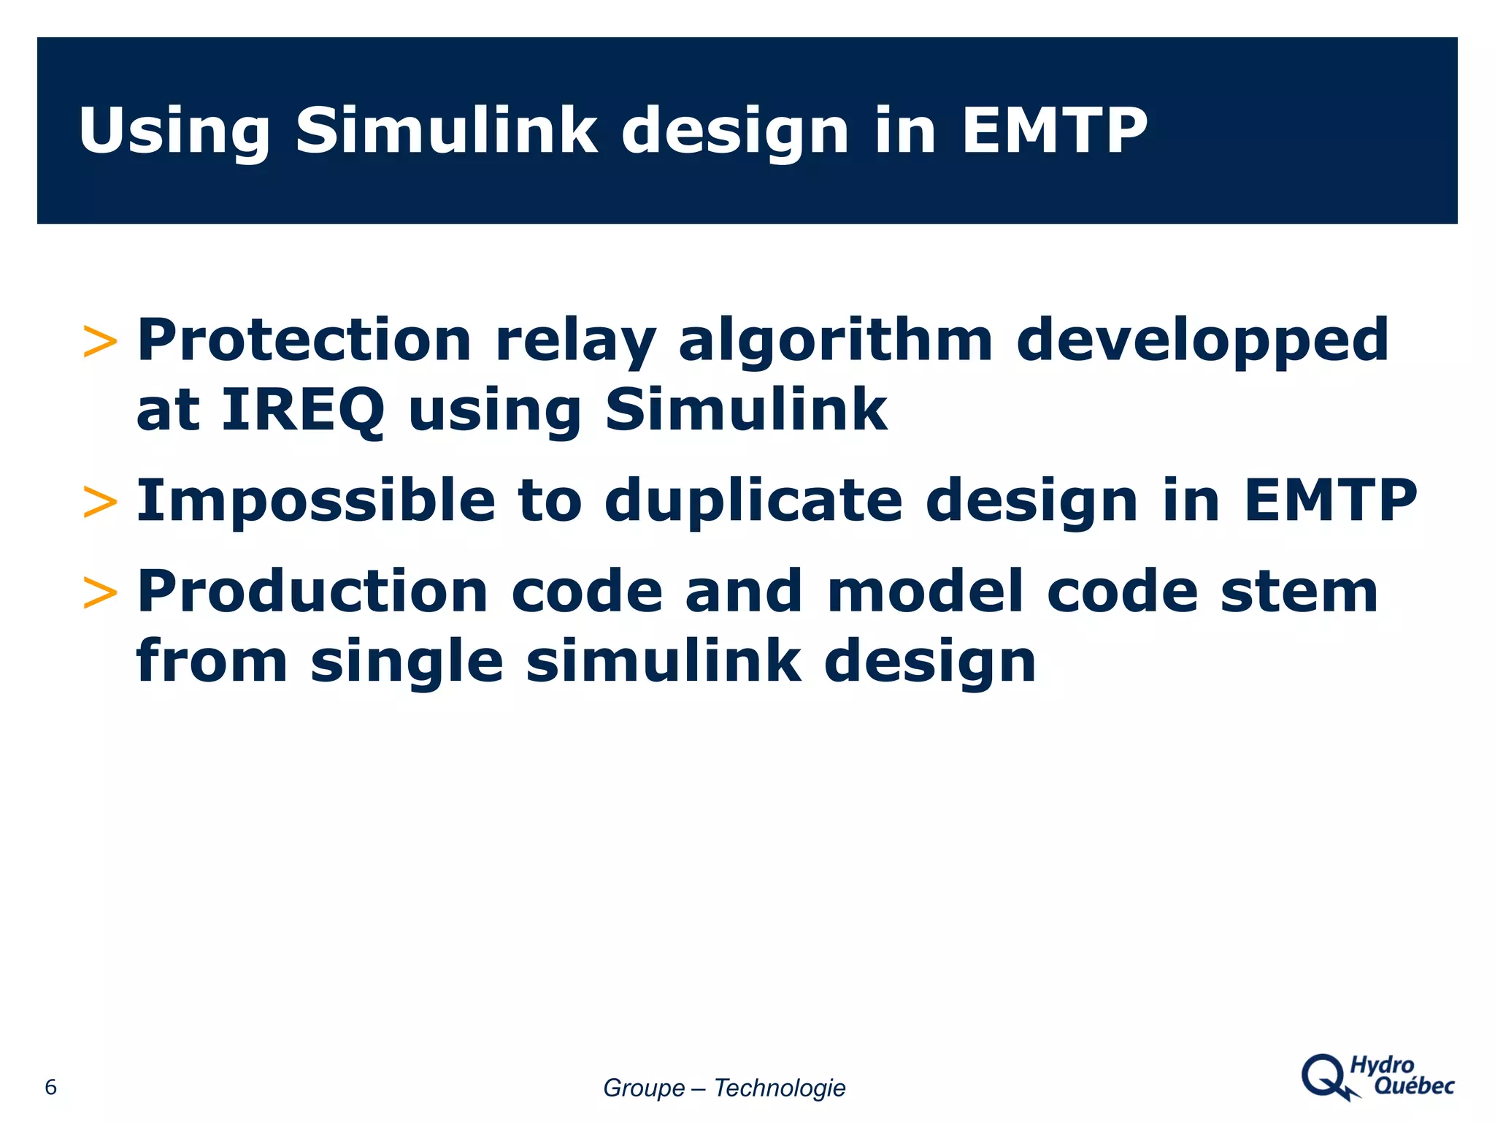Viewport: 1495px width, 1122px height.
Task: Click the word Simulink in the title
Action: [446, 131]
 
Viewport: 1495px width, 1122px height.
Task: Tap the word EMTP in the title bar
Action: [1055, 131]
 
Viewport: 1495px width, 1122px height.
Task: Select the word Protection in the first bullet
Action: [304, 340]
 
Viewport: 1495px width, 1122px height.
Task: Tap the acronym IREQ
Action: [302, 411]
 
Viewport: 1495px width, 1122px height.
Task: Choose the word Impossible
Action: [316, 501]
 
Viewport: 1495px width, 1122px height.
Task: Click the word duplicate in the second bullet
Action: [753, 501]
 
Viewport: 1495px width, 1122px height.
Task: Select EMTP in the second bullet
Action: [1330, 501]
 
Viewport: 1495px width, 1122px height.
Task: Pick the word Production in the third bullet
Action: [312, 592]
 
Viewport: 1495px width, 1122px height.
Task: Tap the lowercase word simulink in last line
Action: [663, 661]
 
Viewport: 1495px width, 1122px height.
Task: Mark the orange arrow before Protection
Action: [100, 342]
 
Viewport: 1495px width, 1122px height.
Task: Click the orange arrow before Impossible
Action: [100, 503]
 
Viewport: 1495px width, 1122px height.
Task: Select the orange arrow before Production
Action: [100, 592]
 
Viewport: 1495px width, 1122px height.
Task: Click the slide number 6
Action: [50, 1087]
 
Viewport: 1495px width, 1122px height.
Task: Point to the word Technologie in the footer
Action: [779, 1088]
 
